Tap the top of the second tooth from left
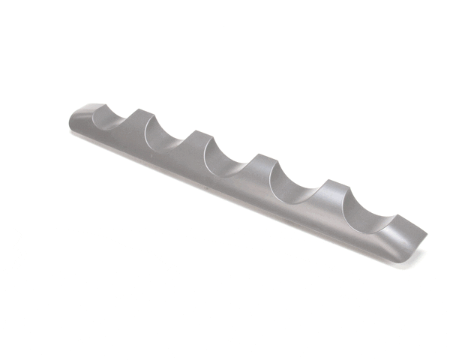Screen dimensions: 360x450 tap(196, 133)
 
